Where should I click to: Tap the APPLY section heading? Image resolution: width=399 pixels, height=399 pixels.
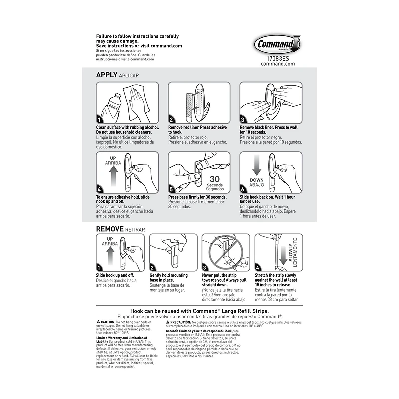click(x=107, y=75)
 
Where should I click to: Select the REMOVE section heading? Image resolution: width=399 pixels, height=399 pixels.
click(x=113, y=229)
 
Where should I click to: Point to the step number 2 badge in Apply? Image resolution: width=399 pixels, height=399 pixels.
click(x=171, y=120)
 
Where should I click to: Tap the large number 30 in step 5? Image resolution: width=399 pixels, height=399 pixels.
click(x=215, y=179)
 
